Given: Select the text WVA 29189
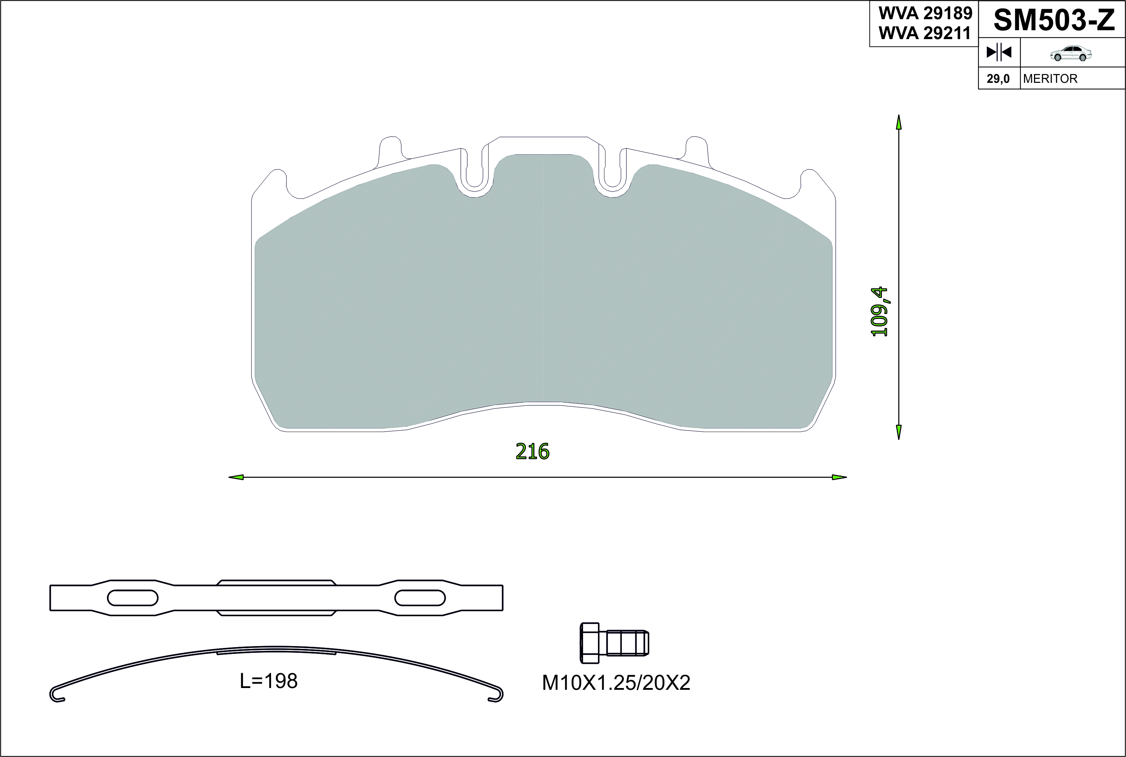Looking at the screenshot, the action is (x=925, y=14).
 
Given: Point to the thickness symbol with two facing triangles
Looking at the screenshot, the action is (x=999, y=52).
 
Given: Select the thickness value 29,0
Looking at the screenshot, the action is (x=998, y=79).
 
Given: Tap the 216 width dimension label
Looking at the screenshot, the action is (x=533, y=452).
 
